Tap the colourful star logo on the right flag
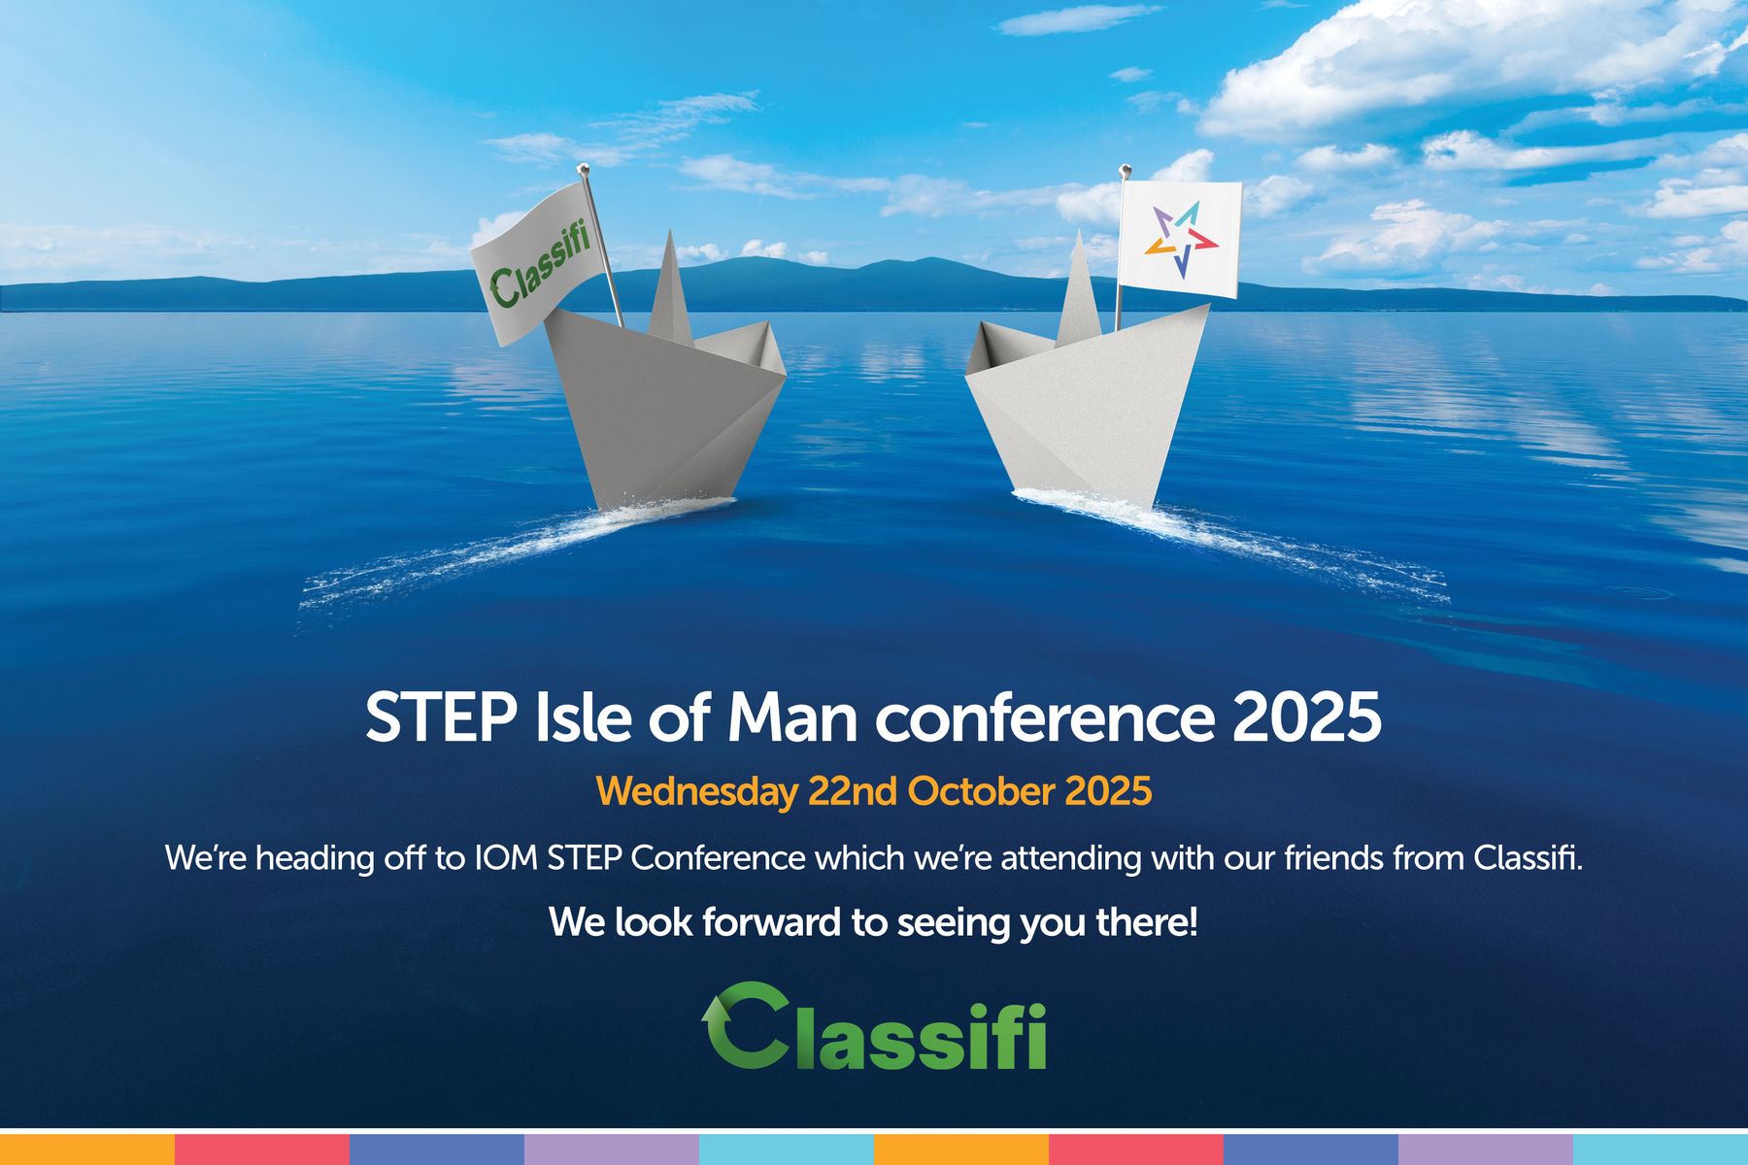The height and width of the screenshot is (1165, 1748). click(1181, 239)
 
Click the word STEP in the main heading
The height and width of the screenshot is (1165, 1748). click(440, 718)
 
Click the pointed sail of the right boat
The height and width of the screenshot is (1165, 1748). click(1078, 291)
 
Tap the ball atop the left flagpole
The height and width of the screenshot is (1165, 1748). click(586, 171)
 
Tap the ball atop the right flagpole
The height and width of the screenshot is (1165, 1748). click(1125, 171)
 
